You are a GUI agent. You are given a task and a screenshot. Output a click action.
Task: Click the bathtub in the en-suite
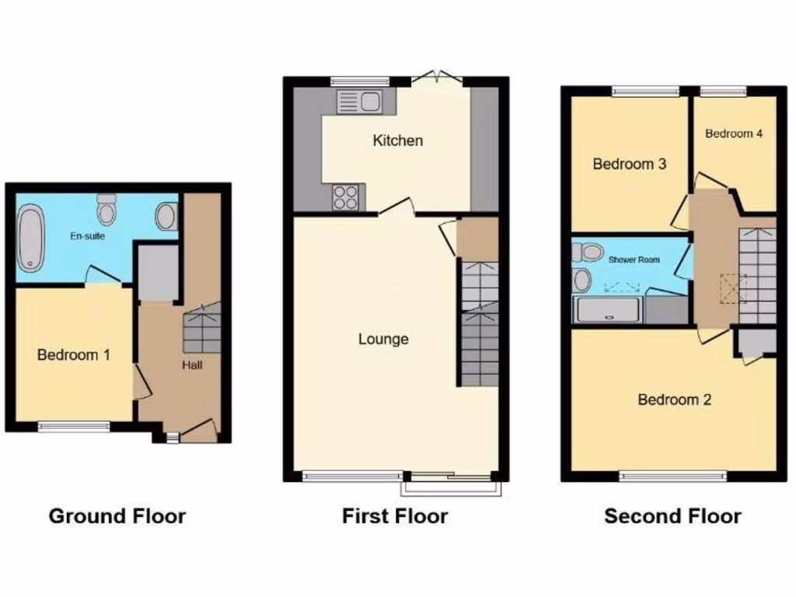point(31,238)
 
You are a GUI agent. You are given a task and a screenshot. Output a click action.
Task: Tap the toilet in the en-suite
point(106,210)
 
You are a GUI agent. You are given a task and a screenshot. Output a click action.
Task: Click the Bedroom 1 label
point(74,355)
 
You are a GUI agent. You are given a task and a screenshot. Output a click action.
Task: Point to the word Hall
point(192,364)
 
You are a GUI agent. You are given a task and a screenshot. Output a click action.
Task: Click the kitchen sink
point(358,101)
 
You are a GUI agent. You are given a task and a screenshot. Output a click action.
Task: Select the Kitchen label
point(398,141)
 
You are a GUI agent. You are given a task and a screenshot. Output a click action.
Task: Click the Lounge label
point(383,339)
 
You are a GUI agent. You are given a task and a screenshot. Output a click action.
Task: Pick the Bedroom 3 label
point(630,164)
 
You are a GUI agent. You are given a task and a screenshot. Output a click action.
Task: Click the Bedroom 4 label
point(734,134)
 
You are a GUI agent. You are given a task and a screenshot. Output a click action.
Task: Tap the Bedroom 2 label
point(675,400)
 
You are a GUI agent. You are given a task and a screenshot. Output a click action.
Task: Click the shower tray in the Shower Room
point(608,311)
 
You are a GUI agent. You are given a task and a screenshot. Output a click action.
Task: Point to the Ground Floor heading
point(117,515)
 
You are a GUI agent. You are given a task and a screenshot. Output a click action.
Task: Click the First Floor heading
point(395,515)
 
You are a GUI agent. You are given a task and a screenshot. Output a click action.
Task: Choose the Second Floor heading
point(673,515)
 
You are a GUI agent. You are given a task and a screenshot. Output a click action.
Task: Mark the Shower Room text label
point(634,260)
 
